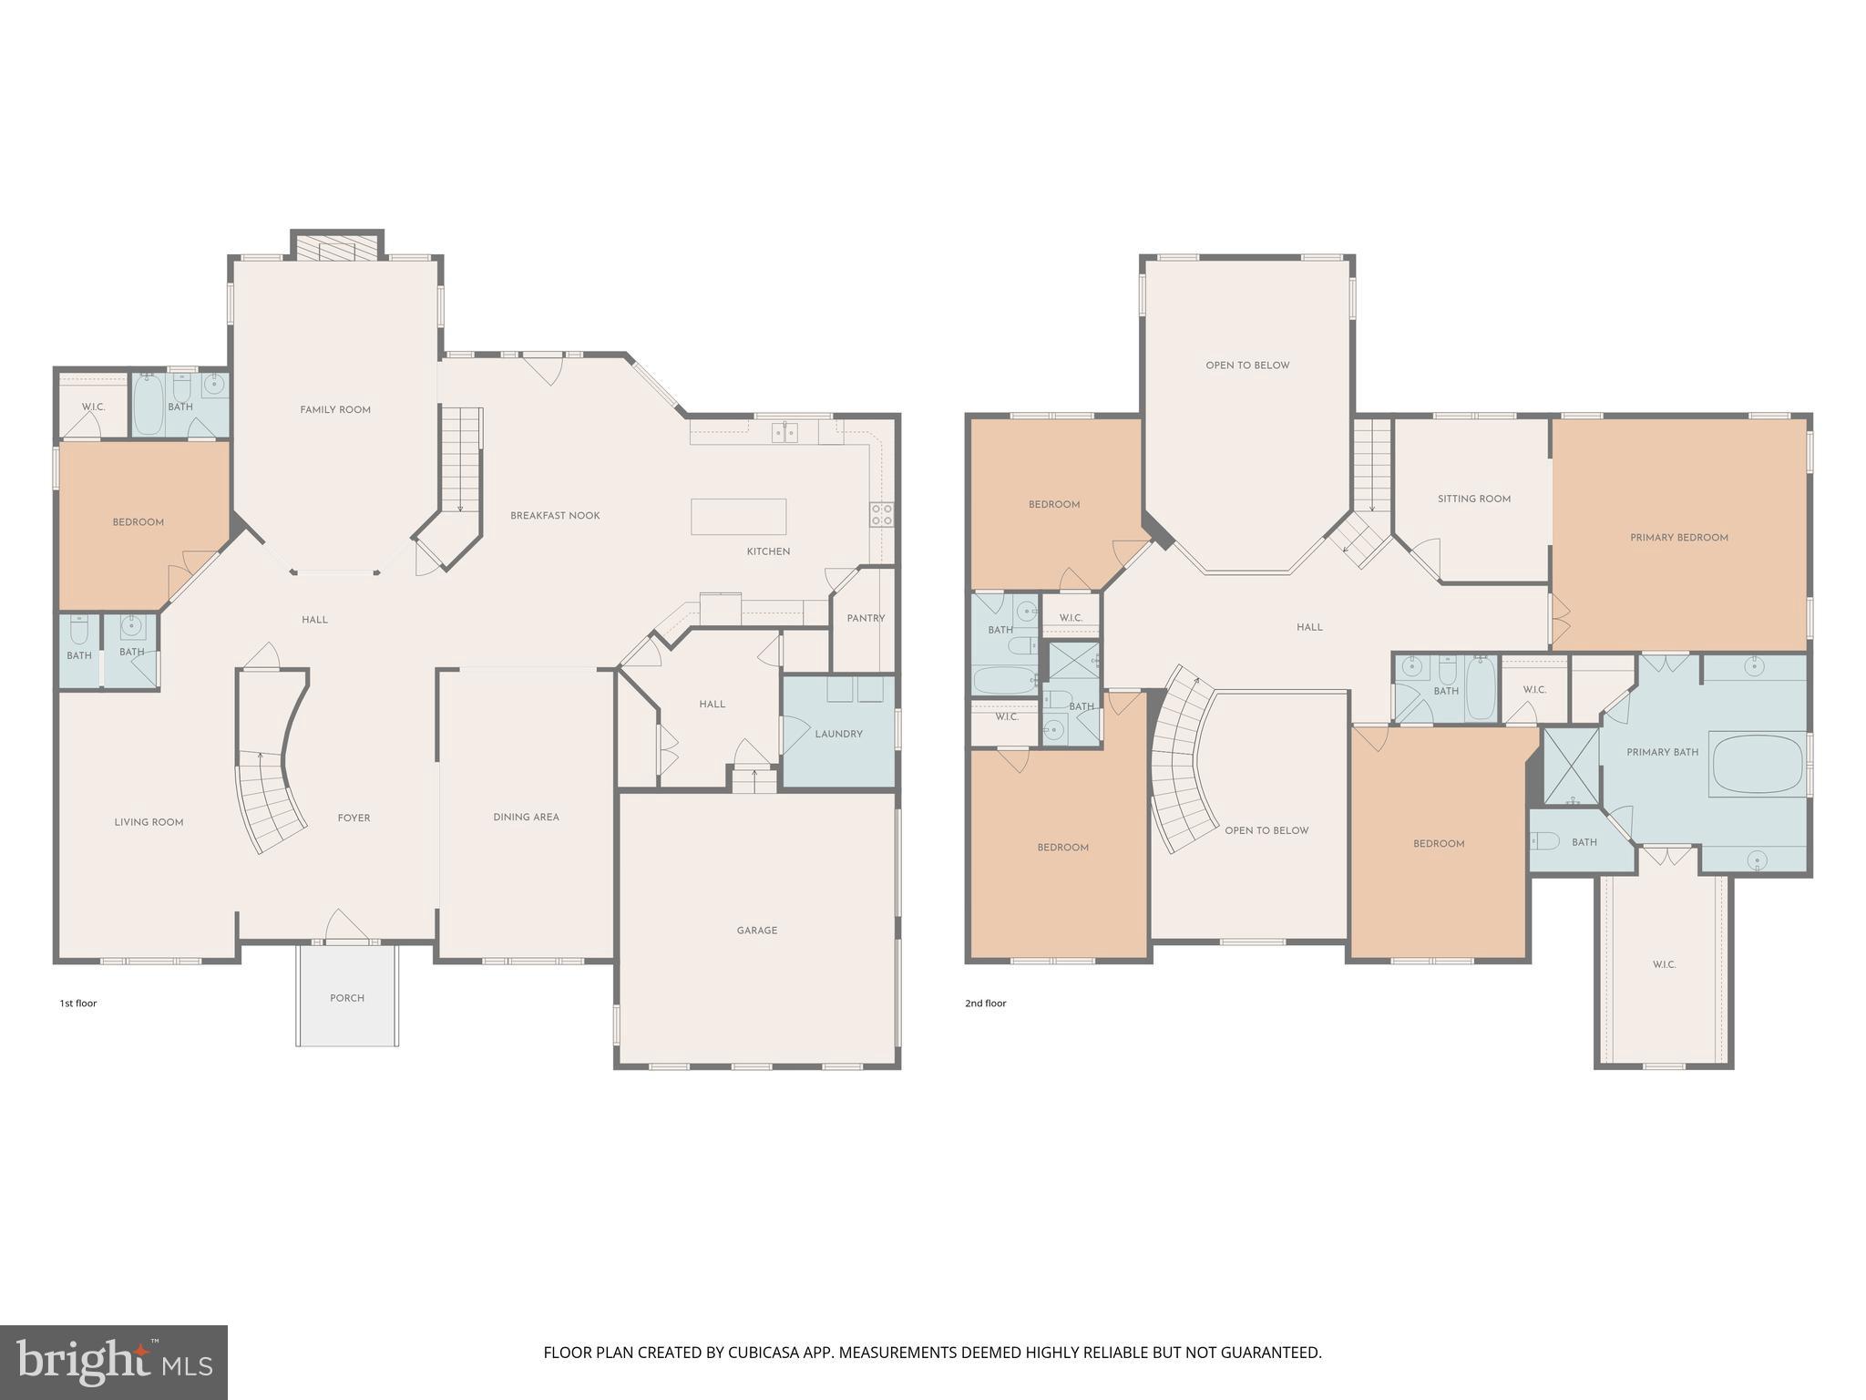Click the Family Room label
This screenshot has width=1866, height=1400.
(335, 410)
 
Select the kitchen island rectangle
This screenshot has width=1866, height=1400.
(738, 516)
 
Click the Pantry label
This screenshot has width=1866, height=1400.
(866, 618)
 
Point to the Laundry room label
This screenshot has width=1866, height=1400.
(838, 734)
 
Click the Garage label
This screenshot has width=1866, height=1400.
(757, 931)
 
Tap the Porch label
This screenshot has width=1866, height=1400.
(347, 998)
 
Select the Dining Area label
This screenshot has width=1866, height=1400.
(526, 817)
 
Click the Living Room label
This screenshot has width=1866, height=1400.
(149, 822)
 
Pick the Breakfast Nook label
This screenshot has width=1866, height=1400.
(555, 516)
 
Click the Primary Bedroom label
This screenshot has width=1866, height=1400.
(1678, 538)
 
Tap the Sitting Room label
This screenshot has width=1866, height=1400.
(1473, 499)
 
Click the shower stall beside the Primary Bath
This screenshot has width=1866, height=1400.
(1571, 766)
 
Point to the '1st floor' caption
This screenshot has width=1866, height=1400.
(78, 1004)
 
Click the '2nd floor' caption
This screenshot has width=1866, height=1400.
(985, 1004)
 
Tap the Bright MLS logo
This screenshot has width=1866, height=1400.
(113, 1363)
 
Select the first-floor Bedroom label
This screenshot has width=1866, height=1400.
(138, 522)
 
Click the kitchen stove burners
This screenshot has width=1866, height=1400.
(881, 514)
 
